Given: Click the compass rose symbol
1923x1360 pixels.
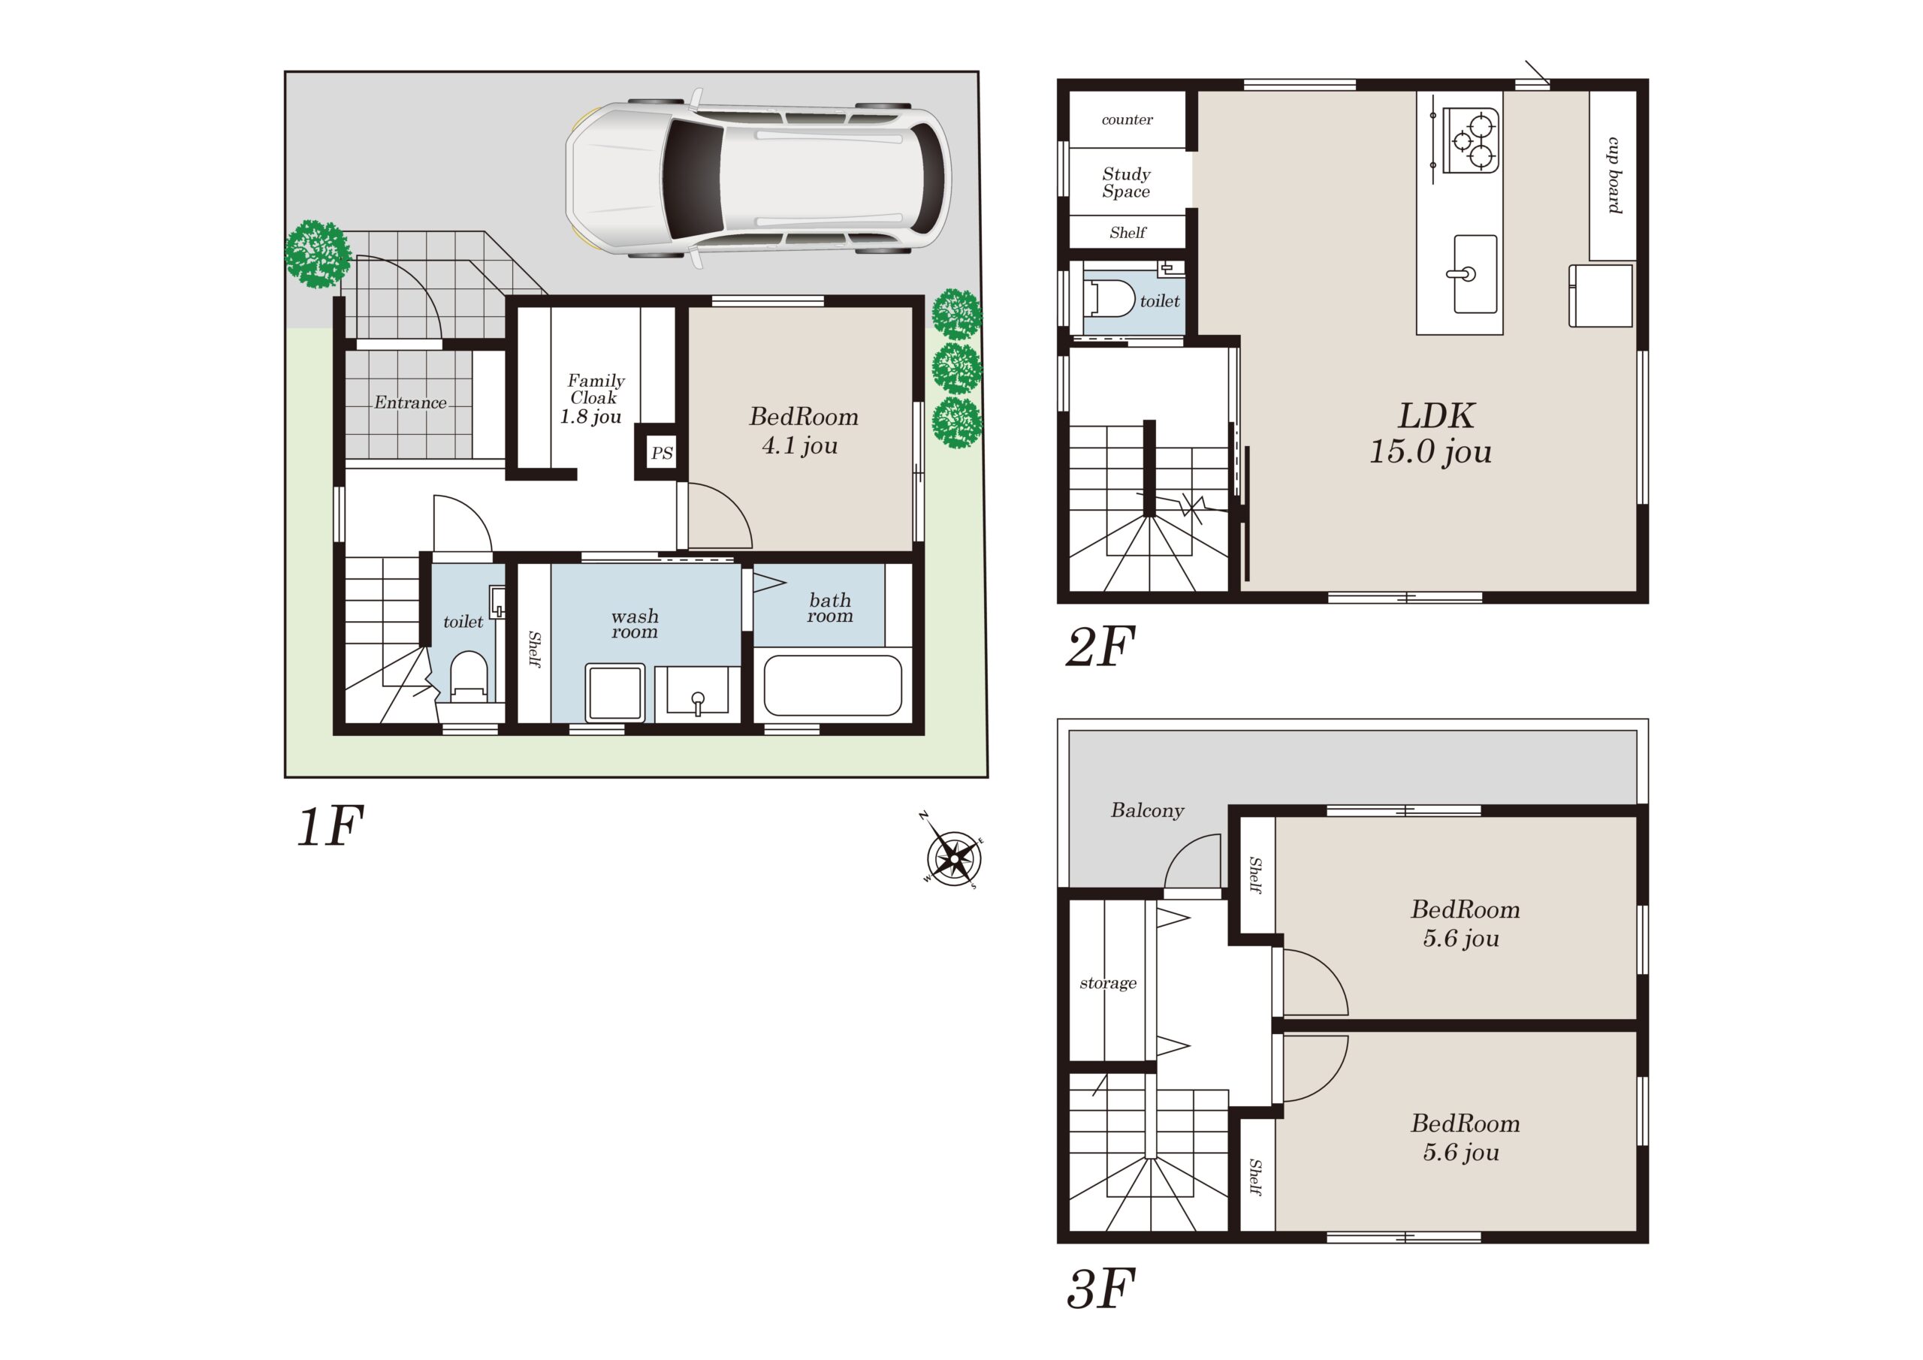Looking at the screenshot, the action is pos(953,857).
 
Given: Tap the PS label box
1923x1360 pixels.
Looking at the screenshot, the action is pos(662,453).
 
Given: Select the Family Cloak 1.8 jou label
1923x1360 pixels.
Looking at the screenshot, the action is pos(593,399).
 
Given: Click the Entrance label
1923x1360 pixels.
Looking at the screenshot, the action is pos(410,403).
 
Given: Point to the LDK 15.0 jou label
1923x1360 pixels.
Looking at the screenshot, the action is pos(1432,433).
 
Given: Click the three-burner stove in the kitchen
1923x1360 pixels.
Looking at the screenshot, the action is pos(1470,140).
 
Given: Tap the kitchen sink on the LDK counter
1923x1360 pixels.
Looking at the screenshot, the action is pos(1475,274).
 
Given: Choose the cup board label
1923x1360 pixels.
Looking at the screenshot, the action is pos(1615,175).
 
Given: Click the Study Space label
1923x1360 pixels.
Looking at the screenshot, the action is pos(1127,182).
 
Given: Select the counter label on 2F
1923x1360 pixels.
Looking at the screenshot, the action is pos(1128,119).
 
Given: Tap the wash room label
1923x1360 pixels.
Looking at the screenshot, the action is pos(635,624).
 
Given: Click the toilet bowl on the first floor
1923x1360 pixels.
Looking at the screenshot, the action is pos(469,680).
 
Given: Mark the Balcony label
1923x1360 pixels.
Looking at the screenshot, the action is pos(1148,810).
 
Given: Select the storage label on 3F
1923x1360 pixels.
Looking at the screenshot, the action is pos(1108,982).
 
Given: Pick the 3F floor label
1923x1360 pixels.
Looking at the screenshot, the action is pos(1100,1289).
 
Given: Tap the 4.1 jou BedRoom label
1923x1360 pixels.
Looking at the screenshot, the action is pos(802,430).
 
